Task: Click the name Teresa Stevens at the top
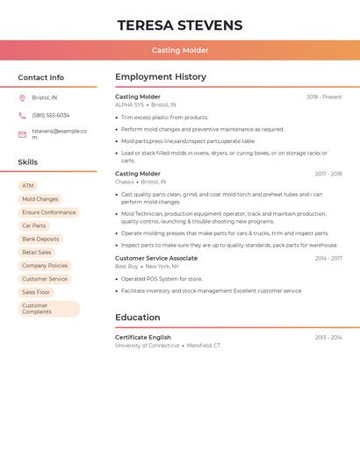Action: point(180,25)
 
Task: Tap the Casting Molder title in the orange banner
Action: point(180,51)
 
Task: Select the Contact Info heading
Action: point(40,77)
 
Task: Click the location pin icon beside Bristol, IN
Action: point(22,98)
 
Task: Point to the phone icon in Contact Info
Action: point(22,115)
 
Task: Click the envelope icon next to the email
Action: point(22,134)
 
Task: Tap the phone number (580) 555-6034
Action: point(50,115)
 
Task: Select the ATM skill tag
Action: point(28,186)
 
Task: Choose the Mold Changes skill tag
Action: point(40,199)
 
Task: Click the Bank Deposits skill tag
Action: point(40,239)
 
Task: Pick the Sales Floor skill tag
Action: point(36,292)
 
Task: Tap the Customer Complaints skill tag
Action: point(48,309)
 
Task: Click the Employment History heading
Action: point(161,77)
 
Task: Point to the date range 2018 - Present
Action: point(324,97)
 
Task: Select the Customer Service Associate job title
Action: point(156,259)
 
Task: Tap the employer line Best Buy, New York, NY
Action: point(147,266)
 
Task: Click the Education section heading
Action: point(138,318)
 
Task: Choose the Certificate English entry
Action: point(143,337)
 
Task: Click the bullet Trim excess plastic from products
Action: point(165,118)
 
